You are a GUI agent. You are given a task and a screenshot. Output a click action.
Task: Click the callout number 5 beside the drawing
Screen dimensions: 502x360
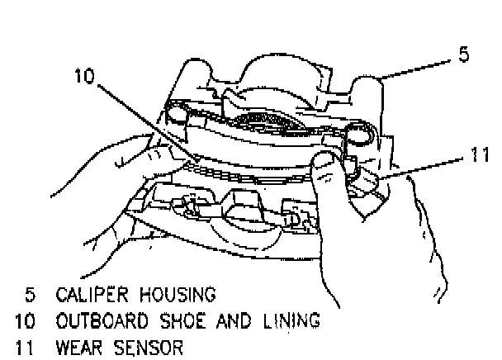point(464,57)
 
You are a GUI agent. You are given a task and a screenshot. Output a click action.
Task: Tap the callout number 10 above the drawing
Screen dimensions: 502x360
point(84,75)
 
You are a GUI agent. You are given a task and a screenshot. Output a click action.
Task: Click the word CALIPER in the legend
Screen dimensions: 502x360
point(88,293)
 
